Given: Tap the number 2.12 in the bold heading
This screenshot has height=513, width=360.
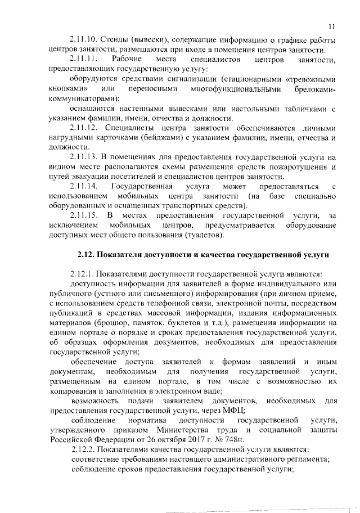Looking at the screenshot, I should click(86, 255).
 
